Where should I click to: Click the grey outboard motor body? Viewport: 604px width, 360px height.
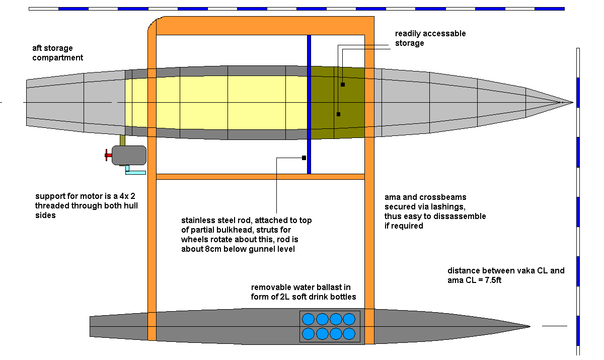pyautogui.click(x=129, y=155)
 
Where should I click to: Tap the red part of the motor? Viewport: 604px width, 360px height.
pyautogui.click(x=109, y=155)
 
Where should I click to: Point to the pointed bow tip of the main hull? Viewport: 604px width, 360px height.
pyautogui.click(x=572, y=102)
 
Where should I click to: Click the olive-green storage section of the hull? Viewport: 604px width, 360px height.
pyautogui.click(x=336, y=102)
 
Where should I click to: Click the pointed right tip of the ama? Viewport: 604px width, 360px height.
pyautogui.click(x=528, y=326)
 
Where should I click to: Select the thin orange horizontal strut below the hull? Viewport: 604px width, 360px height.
pyautogui.click(x=260, y=177)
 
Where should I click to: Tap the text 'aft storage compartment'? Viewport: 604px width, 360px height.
pyautogui.click(x=57, y=53)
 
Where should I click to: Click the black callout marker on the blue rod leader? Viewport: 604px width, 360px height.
pyautogui.click(x=304, y=158)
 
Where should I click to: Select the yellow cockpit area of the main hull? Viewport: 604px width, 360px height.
pyautogui.click(x=216, y=102)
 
